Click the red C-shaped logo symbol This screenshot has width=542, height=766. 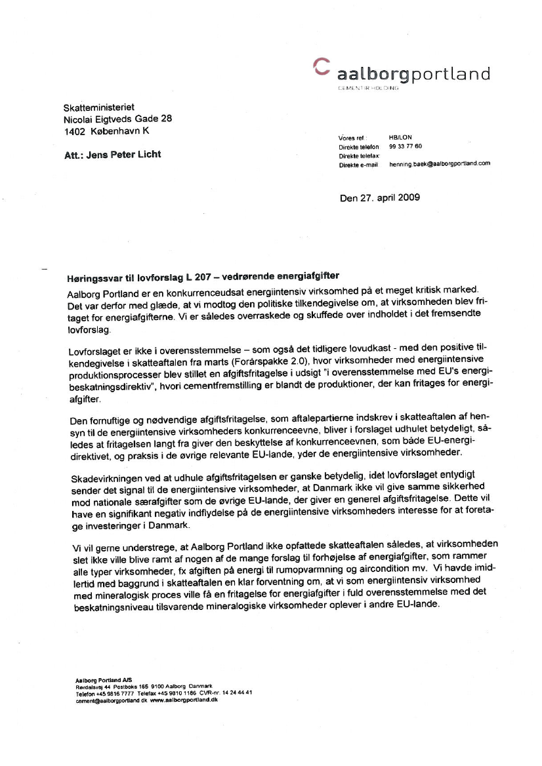(322, 66)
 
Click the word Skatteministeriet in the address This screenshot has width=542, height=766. (98, 107)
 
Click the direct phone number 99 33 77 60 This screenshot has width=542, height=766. (406, 147)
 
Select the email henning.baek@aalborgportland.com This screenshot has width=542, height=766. (440, 164)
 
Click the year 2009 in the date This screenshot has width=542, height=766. (406, 197)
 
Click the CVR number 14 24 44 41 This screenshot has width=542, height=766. (238, 693)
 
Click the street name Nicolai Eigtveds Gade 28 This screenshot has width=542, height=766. (117, 119)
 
